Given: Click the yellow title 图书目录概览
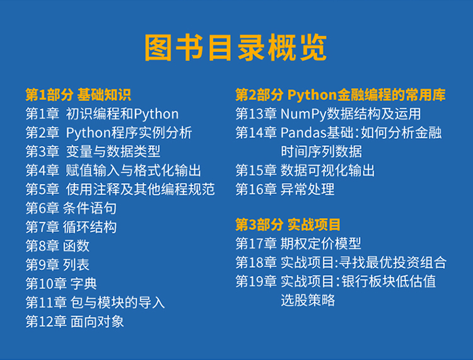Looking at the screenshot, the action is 236,48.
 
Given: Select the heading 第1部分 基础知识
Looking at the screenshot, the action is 78,95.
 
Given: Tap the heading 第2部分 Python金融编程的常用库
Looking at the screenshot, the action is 341,95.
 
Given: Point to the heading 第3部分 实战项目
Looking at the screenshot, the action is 288,224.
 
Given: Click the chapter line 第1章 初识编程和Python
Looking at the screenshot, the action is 102,114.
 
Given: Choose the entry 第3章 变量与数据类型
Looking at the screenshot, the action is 93,152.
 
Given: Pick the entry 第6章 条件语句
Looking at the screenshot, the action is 71,208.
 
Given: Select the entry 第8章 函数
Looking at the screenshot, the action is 57,246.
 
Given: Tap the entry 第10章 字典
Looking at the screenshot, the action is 61,284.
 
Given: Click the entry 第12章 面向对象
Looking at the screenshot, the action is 74,322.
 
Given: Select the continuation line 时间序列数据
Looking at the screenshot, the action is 321,152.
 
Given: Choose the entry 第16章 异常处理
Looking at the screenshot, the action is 285,190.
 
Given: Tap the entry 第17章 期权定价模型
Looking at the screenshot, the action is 298,243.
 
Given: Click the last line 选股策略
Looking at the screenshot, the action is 308,300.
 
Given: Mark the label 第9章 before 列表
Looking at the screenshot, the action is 42,265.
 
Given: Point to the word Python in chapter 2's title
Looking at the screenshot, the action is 88,133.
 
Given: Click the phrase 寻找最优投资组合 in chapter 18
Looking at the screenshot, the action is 392,262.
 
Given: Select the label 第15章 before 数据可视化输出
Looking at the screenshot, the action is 256,171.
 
